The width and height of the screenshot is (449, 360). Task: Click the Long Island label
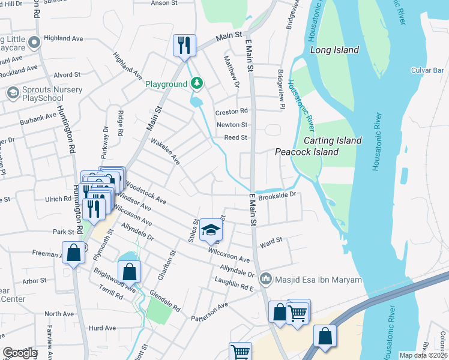334,50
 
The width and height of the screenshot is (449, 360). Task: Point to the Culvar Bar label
427,70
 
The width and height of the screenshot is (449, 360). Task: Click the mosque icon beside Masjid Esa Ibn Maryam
265,279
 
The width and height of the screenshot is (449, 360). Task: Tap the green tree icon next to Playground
197,84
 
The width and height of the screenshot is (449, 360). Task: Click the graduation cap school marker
210,230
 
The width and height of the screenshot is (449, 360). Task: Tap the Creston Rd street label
232,112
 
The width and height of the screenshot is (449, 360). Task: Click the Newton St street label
232,125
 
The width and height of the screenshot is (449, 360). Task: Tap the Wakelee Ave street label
165,152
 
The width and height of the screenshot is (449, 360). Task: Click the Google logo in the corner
19,353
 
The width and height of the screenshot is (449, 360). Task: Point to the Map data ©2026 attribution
423,355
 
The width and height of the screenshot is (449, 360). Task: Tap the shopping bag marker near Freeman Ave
73,253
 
